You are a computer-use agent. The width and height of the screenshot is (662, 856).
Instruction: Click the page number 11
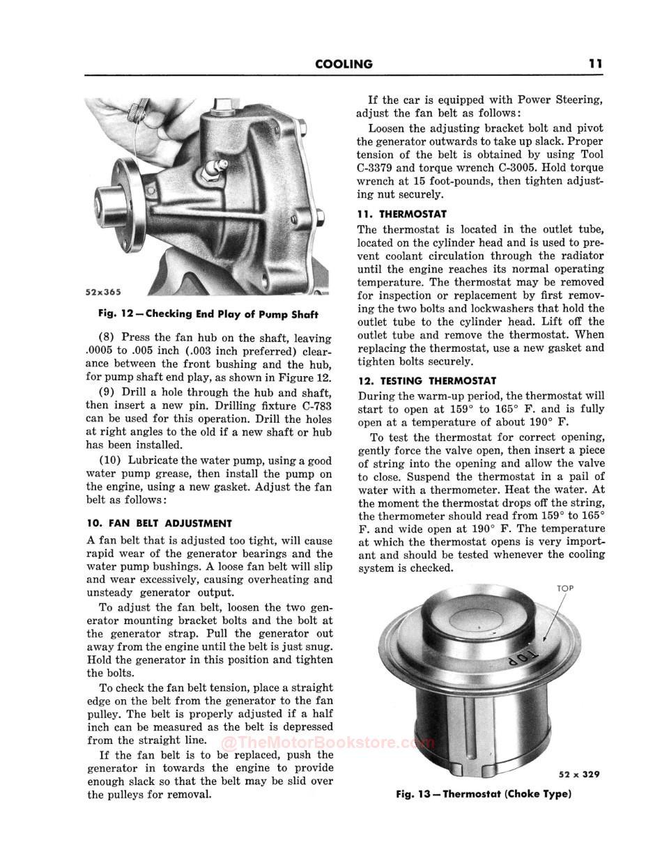pos(594,63)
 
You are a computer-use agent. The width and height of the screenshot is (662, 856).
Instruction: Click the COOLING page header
pos(344,64)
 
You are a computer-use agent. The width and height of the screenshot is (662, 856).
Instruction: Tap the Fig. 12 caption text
pos(208,314)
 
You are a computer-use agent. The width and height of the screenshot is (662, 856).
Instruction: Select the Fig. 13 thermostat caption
pos(483,794)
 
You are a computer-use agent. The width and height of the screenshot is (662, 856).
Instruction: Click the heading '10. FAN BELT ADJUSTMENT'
pos(159,523)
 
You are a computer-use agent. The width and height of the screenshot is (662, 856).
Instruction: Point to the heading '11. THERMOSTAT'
pos(402,214)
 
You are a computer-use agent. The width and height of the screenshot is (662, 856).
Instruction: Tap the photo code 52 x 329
pos(579,774)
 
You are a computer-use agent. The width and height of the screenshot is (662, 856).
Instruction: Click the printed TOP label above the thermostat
pos(565,589)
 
